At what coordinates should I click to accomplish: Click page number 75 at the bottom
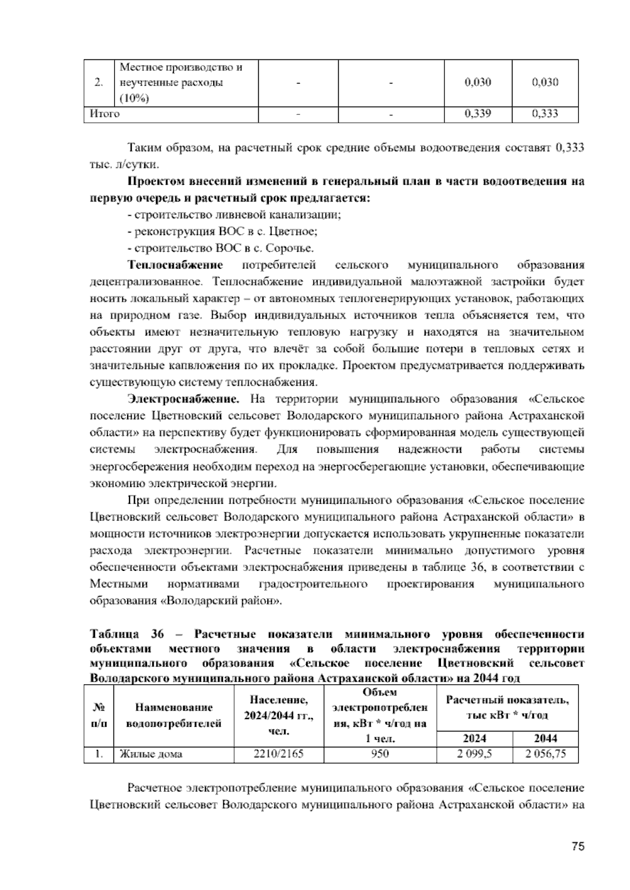(x=577, y=846)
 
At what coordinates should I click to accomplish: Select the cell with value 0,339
(x=478, y=114)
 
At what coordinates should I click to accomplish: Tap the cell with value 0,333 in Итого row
(x=544, y=114)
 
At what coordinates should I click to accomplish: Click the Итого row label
(x=105, y=114)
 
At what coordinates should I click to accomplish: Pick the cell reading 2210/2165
(x=278, y=754)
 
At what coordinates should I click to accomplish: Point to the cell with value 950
(x=380, y=754)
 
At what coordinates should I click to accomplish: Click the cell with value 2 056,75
(x=544, y=754)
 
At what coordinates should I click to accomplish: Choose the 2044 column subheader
(x=544, y=738)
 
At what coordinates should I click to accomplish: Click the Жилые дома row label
(x=151, y=754)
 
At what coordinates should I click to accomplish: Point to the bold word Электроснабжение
(x=184, y=399)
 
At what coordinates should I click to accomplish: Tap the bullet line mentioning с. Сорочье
(x=220, y=248)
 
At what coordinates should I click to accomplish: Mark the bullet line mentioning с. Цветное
(x=222, y=231)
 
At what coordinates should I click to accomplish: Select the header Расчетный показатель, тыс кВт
(x=507, y=707)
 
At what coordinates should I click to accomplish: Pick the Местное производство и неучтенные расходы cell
(x=181, y=83)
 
